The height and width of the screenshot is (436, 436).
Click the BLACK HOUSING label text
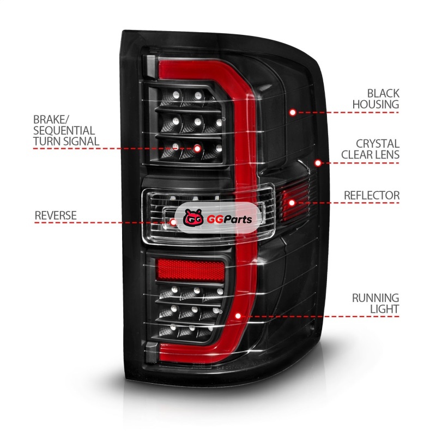(x=376, y=98)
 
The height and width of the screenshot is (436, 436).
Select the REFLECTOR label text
(x=372, y=195)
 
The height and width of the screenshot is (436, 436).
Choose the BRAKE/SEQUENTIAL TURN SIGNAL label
(x=64, y=130)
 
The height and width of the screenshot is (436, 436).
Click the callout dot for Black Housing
(x=293, y=112)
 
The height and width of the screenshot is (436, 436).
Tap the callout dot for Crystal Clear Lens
(x=318, y=162)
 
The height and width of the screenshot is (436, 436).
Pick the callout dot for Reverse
(x=173, y=222)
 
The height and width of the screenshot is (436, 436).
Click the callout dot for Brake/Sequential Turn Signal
(x=197, y=148)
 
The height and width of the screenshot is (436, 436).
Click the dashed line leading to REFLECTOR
(x=354, y=203)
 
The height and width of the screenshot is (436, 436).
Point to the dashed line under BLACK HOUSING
(x=349, y=112)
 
